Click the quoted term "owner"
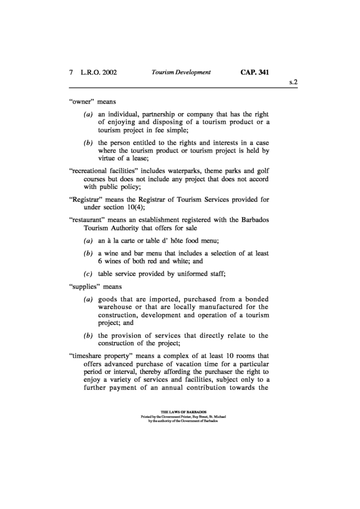[x=82, y=102]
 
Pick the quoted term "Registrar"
[x=84, y=198]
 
